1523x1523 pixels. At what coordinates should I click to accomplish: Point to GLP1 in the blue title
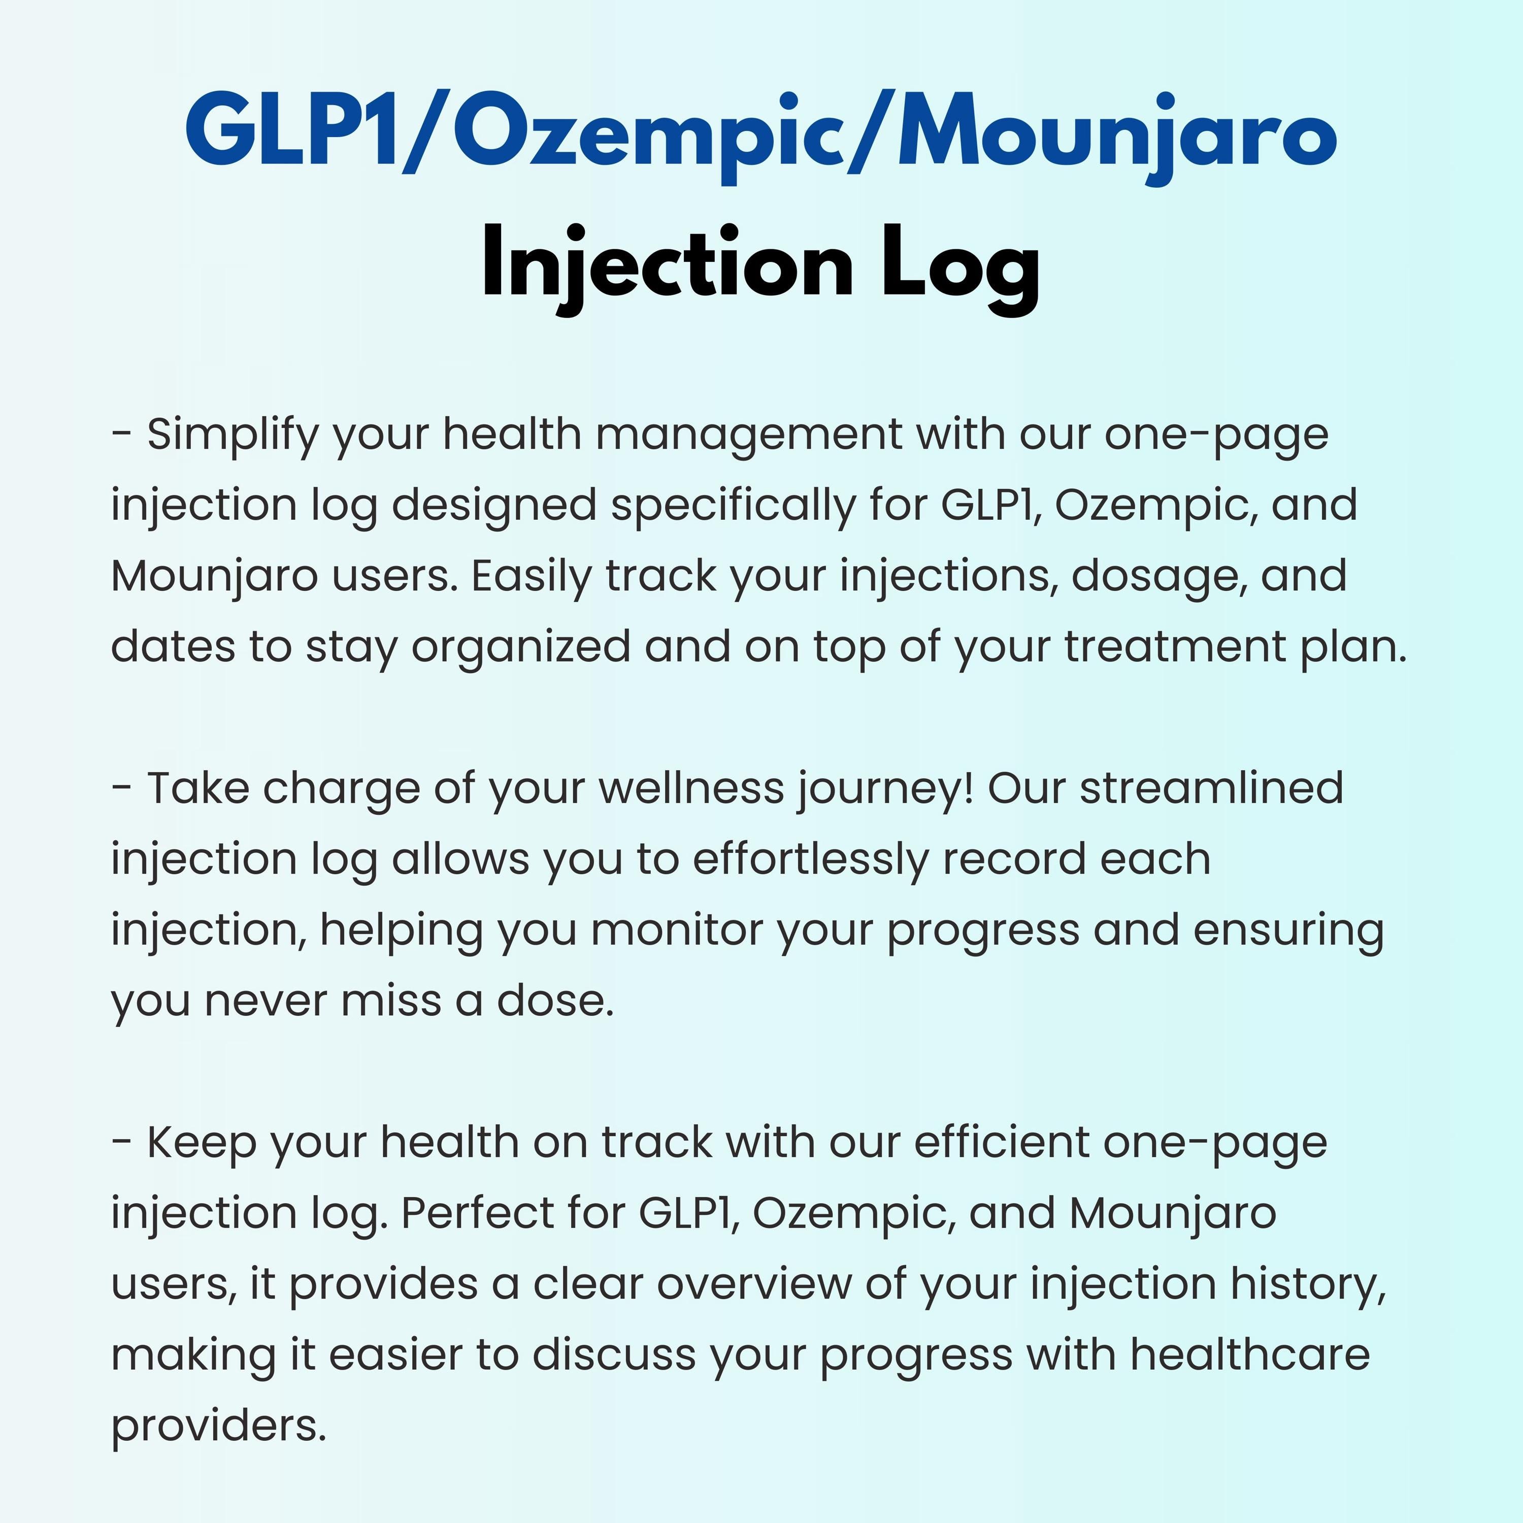tap(292, 130)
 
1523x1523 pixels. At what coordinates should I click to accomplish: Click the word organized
tap(521, 648)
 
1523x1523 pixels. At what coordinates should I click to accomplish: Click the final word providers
tap(218, 1425)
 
